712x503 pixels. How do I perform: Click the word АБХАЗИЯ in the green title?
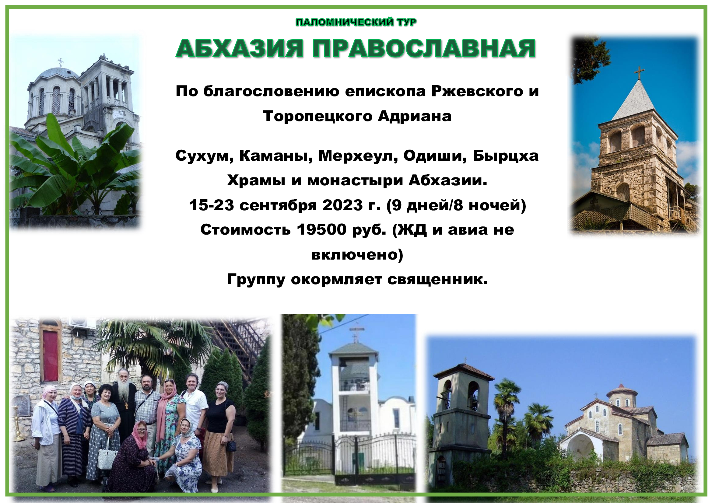click(239, 49)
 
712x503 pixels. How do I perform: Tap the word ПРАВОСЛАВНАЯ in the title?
click(424, 49)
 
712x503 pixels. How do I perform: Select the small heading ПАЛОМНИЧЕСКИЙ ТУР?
click(356, 22)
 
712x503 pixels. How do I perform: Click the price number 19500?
click(321, 230)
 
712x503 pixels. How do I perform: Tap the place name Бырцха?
click(506, 156)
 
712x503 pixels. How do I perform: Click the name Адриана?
click(415, 117)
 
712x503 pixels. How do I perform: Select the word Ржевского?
click(477, 91)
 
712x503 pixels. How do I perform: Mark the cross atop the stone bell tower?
click(639, 72)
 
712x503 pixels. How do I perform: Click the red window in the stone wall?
click(50, 355)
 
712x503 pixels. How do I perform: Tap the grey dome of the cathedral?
click(59, 73)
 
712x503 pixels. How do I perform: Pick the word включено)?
click(357, 255)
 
